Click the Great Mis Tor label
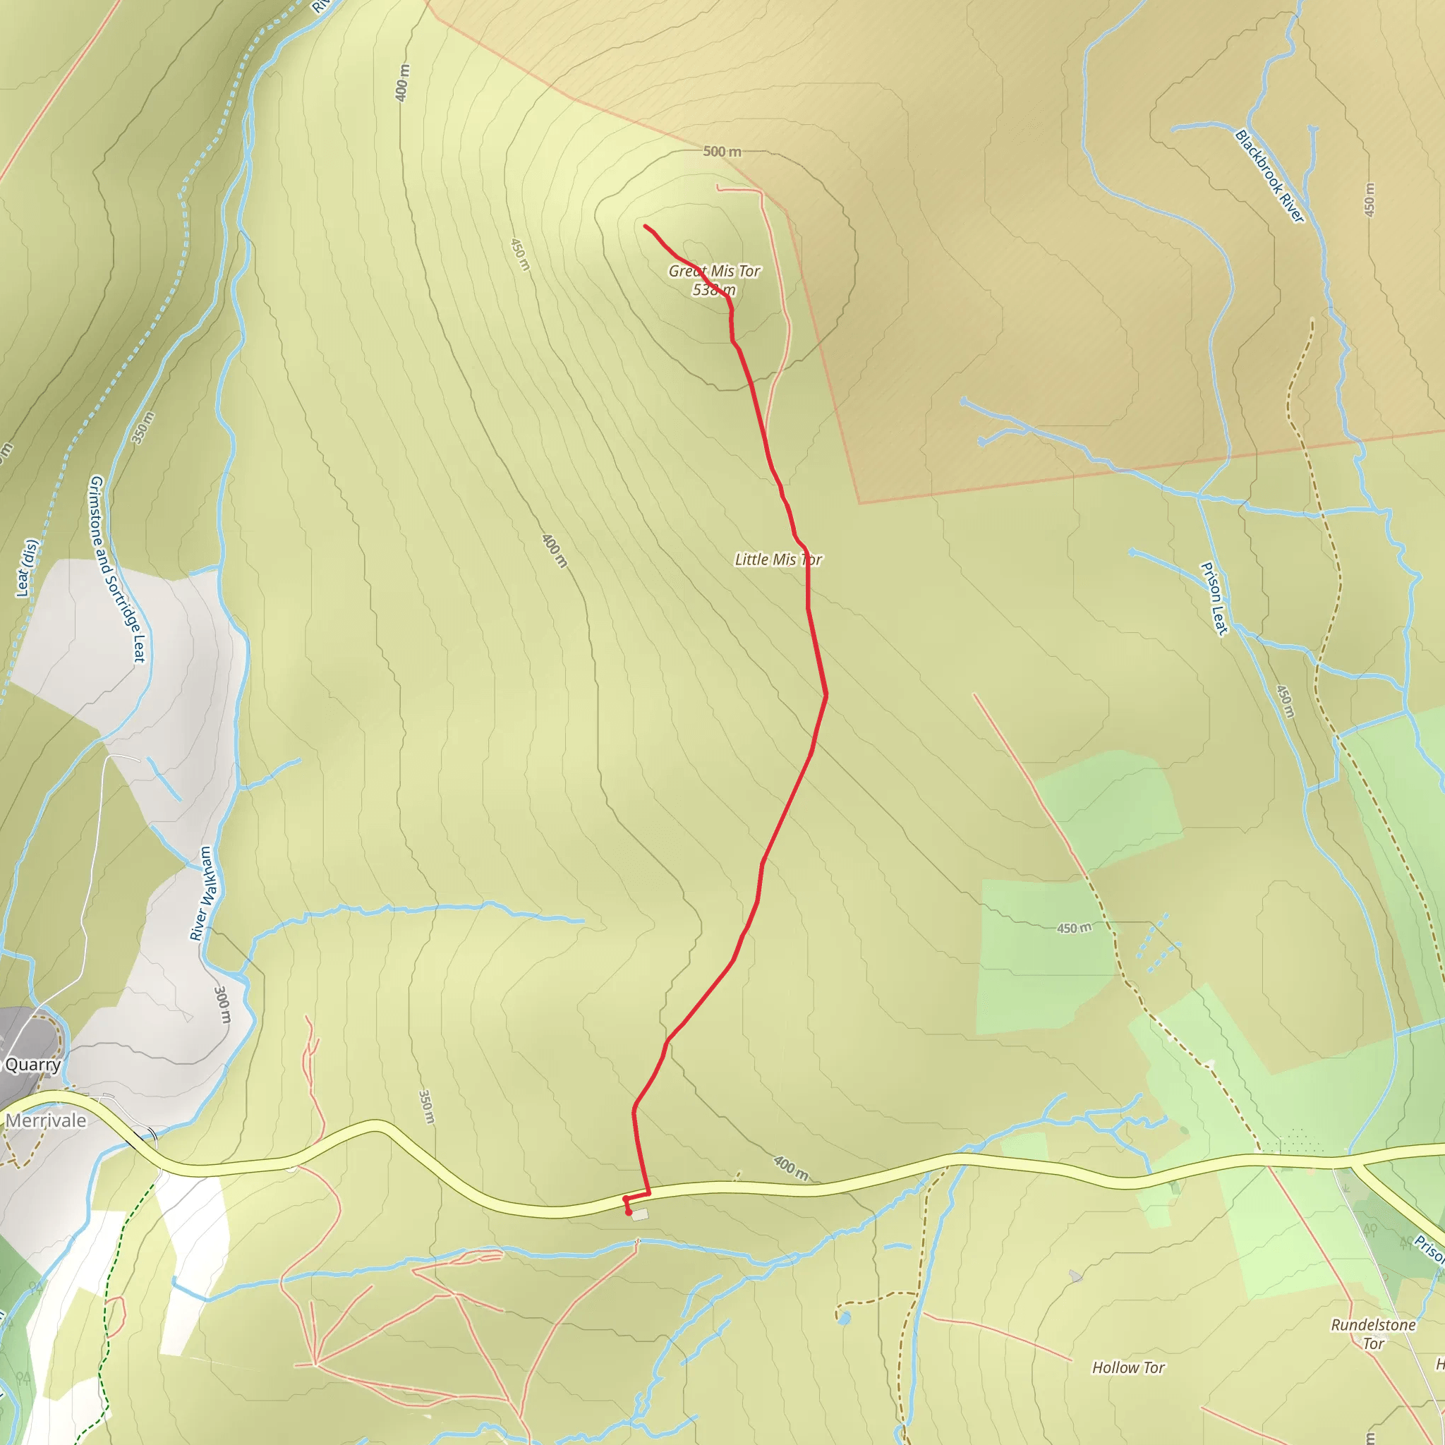click(714, 271)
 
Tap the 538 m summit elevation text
click(713, 289)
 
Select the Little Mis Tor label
click(778, 560)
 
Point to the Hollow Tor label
click(1128, 1367)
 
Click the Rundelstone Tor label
click(1373, 1334)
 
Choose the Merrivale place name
click(46, 1120)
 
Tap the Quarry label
click(33, 1064)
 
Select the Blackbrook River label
click(1270, 176)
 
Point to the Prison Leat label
click(1214, 598)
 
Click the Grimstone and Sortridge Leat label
click(116, 569)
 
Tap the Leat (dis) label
click(26, 569)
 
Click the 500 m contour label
click(722, 152)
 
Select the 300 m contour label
click(223, 1005)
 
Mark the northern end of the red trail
click(646, 226)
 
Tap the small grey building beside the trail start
click(639, 1216)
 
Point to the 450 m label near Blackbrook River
click(1369, 200)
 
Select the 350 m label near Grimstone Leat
click(143, 428)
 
